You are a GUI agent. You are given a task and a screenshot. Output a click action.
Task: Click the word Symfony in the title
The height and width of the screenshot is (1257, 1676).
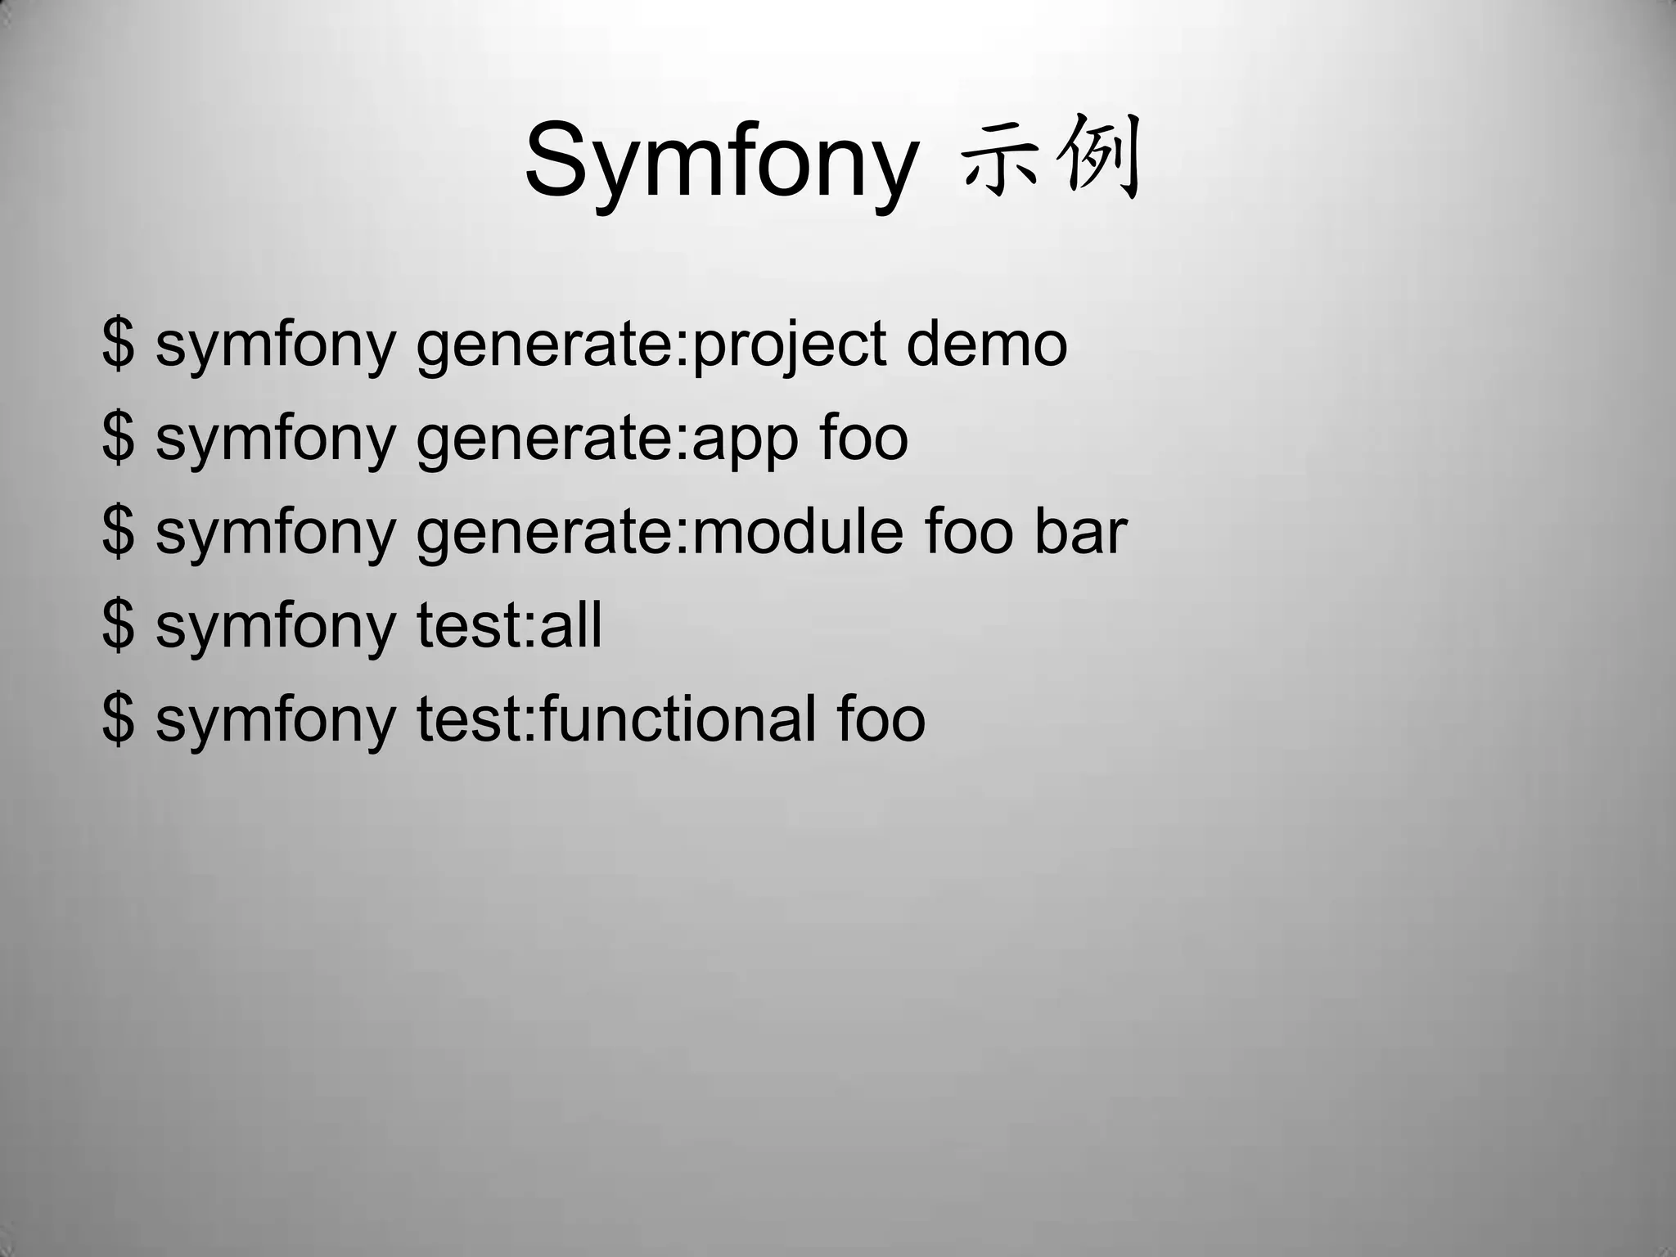click(720, 160)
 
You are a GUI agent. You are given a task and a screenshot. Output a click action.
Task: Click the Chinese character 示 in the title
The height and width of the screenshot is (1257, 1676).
click(1000, 160)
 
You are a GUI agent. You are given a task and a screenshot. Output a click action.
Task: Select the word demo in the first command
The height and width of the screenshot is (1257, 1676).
click(986, 344)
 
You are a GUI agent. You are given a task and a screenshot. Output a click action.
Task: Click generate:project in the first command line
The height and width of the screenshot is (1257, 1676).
click(651, 345)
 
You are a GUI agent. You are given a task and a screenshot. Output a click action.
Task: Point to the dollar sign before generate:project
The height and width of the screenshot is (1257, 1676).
click(118, 344)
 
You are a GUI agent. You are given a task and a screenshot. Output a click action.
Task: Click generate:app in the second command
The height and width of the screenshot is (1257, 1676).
click(607, 439)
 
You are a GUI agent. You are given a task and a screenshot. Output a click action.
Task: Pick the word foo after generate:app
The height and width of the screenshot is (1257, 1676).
click(863, 437)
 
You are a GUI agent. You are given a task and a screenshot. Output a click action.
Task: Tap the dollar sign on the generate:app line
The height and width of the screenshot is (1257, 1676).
click(118, 437)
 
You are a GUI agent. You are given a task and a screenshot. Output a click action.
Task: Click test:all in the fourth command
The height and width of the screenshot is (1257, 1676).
click(509, 625)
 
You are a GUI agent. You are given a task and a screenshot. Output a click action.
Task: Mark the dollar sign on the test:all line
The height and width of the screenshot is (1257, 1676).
click(118, 625)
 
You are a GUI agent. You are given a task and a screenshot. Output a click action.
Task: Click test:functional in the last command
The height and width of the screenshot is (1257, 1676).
click(615, 719)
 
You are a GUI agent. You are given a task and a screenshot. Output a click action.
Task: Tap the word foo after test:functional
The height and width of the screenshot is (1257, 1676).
click(881, 719)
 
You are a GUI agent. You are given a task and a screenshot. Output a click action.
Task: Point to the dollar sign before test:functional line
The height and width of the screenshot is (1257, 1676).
click(118, 719)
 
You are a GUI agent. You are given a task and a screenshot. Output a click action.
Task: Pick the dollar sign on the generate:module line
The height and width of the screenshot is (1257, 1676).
click(118, 531)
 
